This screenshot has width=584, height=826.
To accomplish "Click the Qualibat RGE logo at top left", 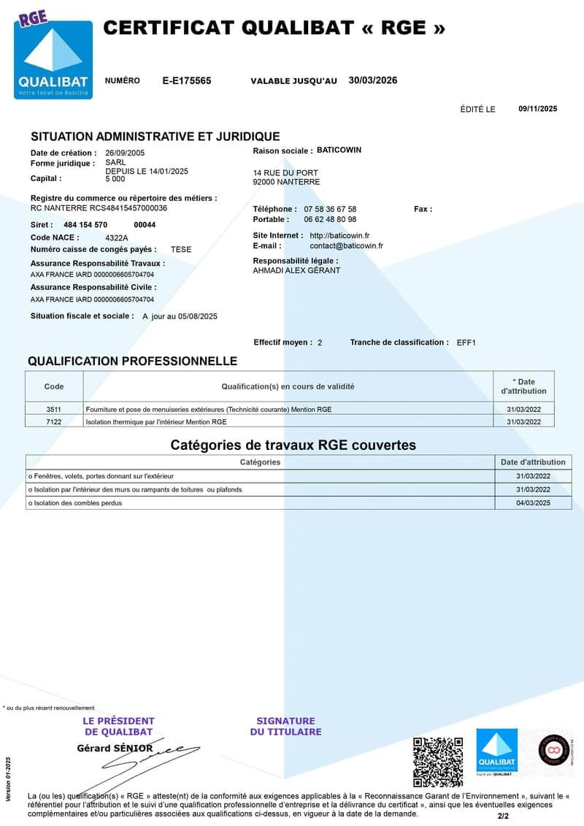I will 55,58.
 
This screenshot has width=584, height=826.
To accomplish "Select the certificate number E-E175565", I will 187,81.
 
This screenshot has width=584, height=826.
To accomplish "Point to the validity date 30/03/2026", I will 373,80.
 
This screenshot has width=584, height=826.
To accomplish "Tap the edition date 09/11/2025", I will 537,109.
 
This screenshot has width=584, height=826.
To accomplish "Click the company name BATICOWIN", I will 339,150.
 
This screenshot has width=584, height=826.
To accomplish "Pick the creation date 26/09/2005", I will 125,153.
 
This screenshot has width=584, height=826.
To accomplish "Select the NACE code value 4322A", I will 117,237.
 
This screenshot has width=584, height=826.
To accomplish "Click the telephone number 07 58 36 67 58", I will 330,209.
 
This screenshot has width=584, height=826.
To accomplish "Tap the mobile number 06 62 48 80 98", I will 330,219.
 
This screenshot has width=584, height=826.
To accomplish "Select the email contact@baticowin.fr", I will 346,246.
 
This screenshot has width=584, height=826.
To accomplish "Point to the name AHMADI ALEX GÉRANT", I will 296,270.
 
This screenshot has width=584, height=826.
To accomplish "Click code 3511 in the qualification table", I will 54,410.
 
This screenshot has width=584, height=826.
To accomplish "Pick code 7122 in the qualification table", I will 54,421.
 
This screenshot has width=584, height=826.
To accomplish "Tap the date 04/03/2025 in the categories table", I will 533,502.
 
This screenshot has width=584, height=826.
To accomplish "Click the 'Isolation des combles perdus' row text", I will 75,502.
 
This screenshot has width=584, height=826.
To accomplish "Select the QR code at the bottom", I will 438,762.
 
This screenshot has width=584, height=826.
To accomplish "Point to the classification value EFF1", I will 466,343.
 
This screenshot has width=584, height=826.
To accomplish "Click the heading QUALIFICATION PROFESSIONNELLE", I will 132,361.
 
